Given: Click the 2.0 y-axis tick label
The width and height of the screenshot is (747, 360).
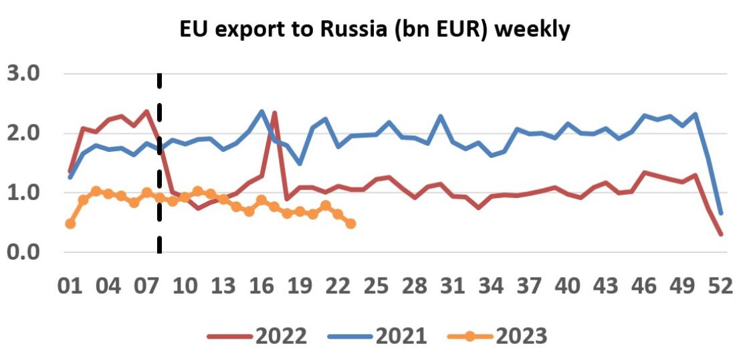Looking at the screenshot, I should pyautogui.click(x=24, y=133).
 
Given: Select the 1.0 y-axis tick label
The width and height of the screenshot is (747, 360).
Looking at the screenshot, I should pyautogui.click(x=24, y=193).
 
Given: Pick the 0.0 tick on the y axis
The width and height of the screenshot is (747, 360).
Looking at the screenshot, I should pyautogui.click(x=24, y=252).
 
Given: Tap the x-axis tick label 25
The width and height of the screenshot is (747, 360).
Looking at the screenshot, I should pyautogui.click(x=377, y=286).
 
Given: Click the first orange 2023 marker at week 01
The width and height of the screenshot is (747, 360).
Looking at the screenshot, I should pyautogui.click(x=70, y=223).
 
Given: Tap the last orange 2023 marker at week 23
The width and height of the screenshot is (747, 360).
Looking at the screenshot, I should pyautogui.click(x=350, y=223).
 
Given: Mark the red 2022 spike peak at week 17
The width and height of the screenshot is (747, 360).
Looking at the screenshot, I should pyautogui.click(x=274, y=112).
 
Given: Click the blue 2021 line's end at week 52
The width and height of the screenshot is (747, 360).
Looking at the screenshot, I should pyautogui.click(x=720, y=213).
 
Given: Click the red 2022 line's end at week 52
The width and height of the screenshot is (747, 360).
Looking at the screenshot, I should pyautogui.click(x=720, y=234).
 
